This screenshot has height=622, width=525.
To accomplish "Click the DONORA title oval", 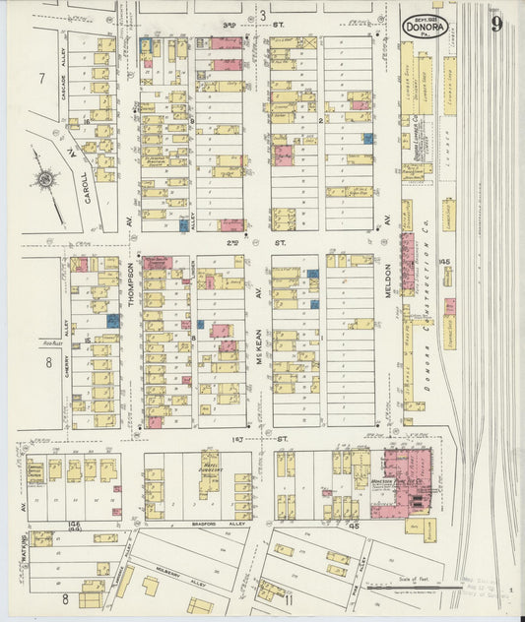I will click(x=426, y=26).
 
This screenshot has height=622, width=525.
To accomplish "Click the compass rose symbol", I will click(x=45, y=180).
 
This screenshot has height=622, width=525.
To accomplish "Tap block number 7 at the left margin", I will click(x=41, y=78).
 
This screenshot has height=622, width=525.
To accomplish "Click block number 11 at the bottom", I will click(x=290, y=597).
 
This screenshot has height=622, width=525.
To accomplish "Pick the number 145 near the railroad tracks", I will click(x=444, y=262).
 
